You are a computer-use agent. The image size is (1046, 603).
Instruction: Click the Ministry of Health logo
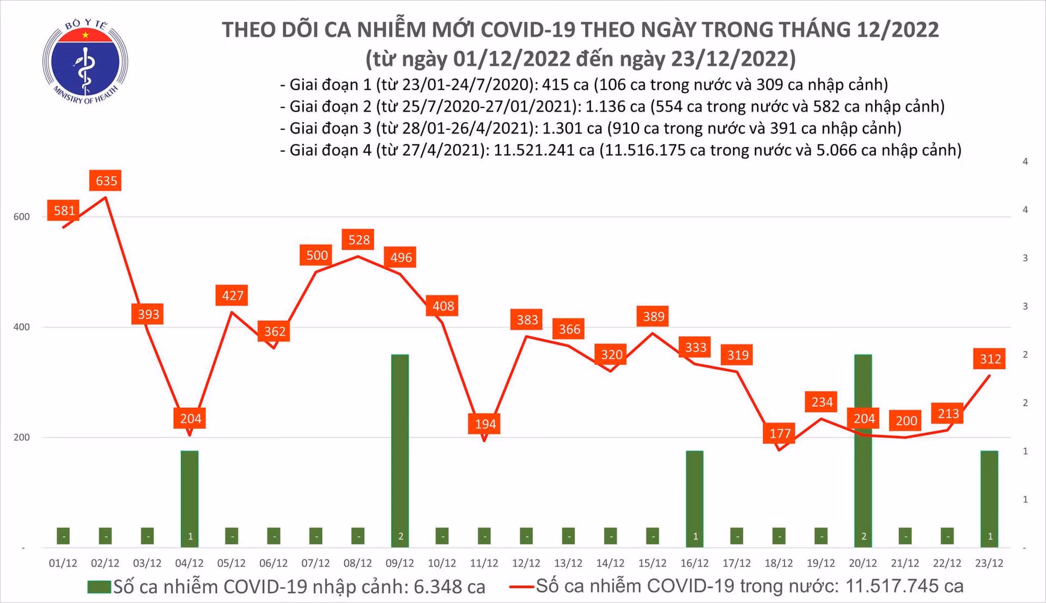coord(85,62)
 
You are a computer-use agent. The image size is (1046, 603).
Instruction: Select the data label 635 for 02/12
coord(106,180)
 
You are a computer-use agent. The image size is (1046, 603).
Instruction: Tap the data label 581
coord(64,210)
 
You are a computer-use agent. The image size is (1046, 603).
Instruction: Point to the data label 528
coord(359,239)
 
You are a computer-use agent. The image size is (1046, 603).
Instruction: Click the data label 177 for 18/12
coord(780,433)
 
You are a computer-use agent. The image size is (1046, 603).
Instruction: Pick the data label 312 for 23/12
coord(990,359)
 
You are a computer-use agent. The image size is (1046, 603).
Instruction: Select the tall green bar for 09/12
coord(400,451)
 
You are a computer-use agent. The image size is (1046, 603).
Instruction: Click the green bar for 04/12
coord(190,499)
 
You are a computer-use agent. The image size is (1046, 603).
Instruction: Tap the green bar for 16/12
coord(695,499)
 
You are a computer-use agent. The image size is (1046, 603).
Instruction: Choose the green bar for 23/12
coord(989,499)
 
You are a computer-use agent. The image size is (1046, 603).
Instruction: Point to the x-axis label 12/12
coord(526,563)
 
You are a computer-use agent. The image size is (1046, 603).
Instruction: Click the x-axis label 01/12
coord(63,563)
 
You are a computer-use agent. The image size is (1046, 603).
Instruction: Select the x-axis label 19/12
coord(820,563)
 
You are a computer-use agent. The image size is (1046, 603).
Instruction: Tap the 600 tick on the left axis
coord(22,216)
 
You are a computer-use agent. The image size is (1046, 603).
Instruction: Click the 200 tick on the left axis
coord(22,437)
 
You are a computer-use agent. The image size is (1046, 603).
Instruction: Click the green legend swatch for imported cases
coord(100,587)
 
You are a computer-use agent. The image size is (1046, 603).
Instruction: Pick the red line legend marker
coord(521,587)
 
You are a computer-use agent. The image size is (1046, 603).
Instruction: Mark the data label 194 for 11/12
coord(485,424)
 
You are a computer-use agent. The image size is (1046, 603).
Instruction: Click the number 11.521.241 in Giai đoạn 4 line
coord(544,150)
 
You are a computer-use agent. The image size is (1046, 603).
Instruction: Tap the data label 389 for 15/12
coord(653,316)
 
